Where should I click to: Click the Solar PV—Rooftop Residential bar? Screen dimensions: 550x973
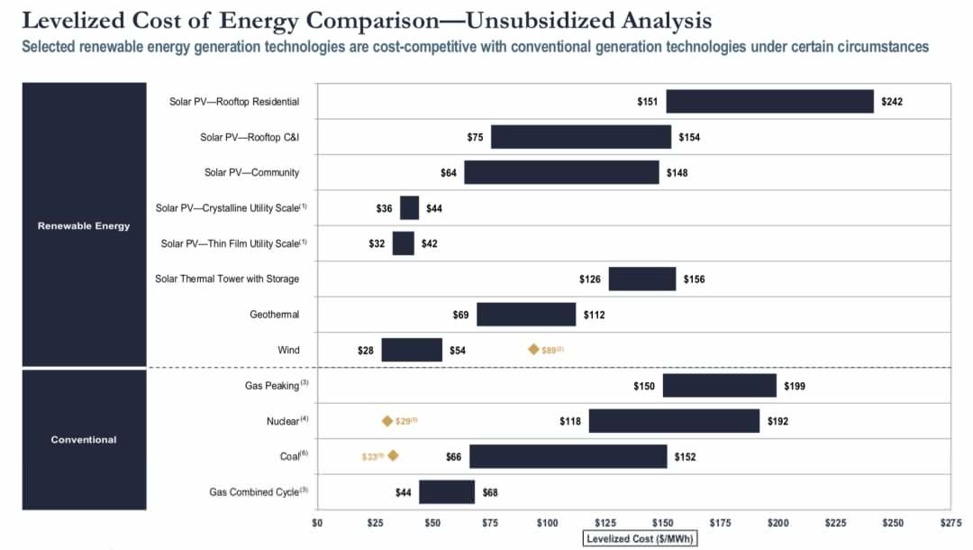(x=769, y=101)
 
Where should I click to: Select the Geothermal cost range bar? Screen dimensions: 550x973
(x=526, y=315)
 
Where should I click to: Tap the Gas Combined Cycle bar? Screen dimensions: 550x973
(x=447, y=492)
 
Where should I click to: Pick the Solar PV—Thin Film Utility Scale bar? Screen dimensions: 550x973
(x=403, y=243)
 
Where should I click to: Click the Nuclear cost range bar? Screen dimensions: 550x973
(x=674, y=421)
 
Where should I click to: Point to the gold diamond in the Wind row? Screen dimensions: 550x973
(x=533, y=350)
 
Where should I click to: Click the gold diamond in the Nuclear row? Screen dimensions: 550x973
(x=387, y=421)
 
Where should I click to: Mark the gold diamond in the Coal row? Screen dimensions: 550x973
(x=393, y=456)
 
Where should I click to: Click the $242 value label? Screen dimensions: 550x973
(x=892, y=102)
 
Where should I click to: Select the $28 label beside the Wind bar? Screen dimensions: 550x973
(x=366, y=350)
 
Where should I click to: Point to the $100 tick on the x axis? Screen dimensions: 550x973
(x=547, y=522)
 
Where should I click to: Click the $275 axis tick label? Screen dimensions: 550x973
(x=950, y=522)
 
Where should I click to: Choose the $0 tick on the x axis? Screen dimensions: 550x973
(x=317, y=522)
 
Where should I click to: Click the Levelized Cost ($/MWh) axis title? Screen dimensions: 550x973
(x=641, y=539)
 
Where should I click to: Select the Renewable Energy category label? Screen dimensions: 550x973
(x=84, y=225)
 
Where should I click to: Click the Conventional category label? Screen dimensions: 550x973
(x=84, y=440)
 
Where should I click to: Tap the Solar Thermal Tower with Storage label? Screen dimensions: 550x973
(x=227, y=280)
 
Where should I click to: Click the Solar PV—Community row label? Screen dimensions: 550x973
(x=251, y=172)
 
